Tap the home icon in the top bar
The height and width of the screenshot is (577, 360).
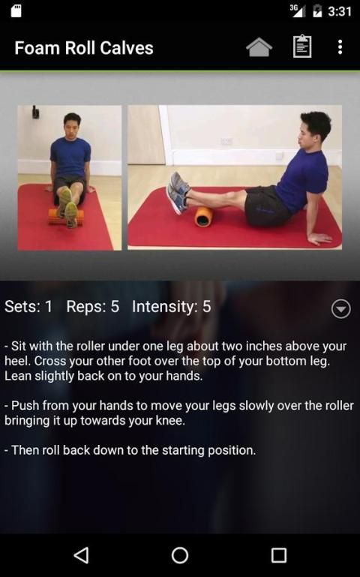(x=259, y=47)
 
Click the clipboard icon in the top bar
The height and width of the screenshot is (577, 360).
(x=302, y=47)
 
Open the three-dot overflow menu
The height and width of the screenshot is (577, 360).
(x=340, y=47)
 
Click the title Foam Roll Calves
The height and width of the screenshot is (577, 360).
(x=84, y=48)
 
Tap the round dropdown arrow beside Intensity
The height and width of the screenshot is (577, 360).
(x=341, y=308)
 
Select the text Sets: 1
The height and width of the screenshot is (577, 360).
(x=28, y=307)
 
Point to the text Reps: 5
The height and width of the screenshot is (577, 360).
(x=93, y=307)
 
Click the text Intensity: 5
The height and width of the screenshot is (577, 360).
(x=171, y=307)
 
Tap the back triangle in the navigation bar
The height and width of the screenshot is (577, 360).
(x=82, y=555)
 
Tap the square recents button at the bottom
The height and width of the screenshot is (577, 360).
(x=279, y=555)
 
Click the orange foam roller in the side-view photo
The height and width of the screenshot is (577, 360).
(x=204, y=217)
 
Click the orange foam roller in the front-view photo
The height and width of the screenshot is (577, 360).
(x=66, y=217)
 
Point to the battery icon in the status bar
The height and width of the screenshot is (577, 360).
(x=317, y=11)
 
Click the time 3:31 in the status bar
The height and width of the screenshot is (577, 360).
(x=340, y=11)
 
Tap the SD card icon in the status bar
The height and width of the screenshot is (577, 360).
(x=16, y=11)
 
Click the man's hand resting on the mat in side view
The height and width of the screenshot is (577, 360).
(x=320, y=239)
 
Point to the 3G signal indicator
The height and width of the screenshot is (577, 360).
(x=298, y=11)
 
